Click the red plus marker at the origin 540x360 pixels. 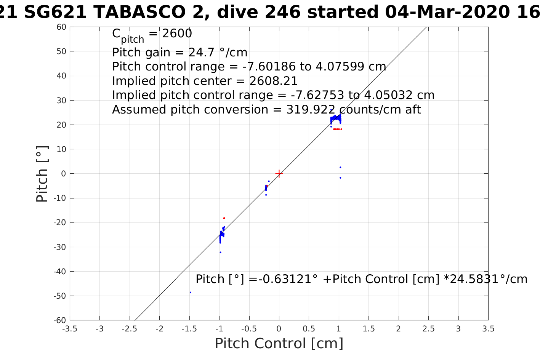tap(279, 174)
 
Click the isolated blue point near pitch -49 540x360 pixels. tap(191, 293)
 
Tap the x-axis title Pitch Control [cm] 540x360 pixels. tap(279, 344)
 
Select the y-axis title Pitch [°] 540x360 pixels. tap(42, 174)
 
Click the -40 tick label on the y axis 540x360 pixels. tap(60, 272)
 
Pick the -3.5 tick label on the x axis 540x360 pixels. tap(70, 329)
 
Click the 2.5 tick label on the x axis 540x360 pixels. tap(428, 329)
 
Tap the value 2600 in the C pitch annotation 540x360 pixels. tap(177, 34)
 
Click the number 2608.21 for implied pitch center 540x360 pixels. tap(274, 81)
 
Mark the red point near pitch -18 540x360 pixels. tap(224, 218)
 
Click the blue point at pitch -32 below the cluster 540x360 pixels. tap(220, 252)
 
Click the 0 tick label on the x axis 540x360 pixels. tap(279, 329)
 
